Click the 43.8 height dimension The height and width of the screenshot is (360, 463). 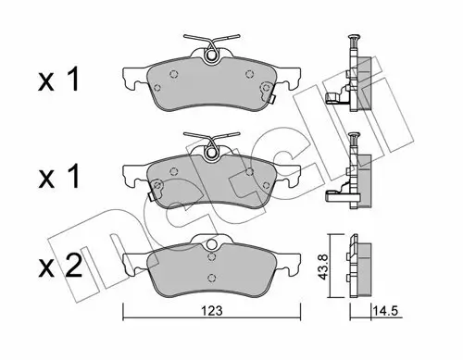point(318,263)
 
